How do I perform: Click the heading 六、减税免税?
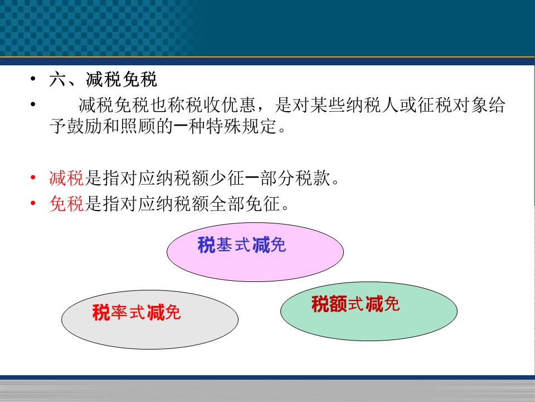coord(103,80)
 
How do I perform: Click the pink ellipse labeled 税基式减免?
coord(255,252)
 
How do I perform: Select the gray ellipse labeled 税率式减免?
coord(150,319)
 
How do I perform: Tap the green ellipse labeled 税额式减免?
coord(369,311)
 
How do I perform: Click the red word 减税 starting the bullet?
coord(66,178)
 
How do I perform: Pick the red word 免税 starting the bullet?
coord(66,204)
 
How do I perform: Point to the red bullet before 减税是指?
coord(33,178)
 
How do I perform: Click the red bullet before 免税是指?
coord(33,203)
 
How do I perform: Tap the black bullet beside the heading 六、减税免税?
coord(33,79)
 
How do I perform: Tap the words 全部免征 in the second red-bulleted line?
coord(245,204)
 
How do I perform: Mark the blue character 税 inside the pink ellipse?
coord(206,245)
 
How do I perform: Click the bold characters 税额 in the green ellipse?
coord(329,304)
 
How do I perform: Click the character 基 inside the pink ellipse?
coord(225,245)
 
